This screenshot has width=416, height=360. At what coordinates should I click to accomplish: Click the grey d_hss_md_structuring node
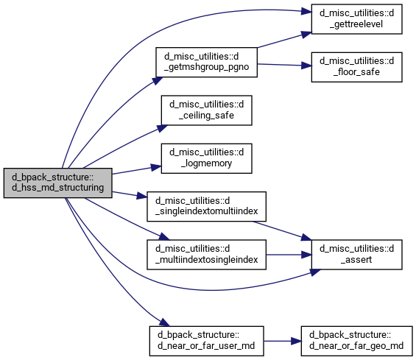point(58,183)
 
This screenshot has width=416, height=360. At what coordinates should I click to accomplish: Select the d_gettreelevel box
point(356,19)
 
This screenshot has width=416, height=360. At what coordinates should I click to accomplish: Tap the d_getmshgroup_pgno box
point(206,63)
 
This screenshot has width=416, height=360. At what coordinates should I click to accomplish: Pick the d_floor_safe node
point(356,67)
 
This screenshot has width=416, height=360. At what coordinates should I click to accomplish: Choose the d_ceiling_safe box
point(206,110)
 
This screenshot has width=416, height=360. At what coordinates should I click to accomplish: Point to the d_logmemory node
point(206,158)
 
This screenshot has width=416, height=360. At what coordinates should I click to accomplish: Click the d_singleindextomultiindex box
point(206,206)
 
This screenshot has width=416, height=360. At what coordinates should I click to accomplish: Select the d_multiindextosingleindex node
point(206,255)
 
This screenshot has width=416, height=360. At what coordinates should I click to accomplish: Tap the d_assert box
point(356,255)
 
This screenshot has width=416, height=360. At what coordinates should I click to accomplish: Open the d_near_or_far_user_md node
point(206,341)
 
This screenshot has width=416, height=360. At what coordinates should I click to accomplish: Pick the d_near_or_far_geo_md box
point(356,341)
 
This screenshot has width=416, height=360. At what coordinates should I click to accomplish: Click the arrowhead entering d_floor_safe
point(306,66)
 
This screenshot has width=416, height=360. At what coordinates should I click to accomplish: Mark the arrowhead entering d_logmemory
point(156,167)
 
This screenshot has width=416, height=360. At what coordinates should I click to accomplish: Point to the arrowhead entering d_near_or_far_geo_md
point(296,341)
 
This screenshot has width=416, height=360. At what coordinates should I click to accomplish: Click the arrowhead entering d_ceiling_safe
point(163,128)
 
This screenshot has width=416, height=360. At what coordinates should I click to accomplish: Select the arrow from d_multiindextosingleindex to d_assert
point(289,255)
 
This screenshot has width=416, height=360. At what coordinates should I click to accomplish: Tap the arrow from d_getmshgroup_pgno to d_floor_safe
point(284,65)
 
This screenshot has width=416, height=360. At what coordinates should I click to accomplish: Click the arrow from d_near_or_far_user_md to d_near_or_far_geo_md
point(282,341)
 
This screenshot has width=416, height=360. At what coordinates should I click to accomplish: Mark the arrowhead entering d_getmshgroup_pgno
point(157,80)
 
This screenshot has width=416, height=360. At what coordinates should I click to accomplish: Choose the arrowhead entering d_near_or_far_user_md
point(164,322)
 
